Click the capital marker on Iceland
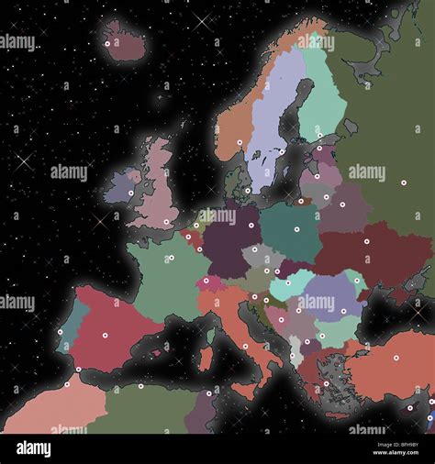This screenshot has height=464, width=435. click(106, 43)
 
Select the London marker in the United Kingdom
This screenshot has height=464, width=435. click(166, 221)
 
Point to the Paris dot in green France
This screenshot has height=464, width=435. click(171, 258)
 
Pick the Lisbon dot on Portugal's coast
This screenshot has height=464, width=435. click(61, 332)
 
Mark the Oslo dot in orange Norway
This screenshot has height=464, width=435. click(240, 142)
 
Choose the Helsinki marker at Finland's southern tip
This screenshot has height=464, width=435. click(318, 148)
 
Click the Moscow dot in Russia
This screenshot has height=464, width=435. click(402, 183)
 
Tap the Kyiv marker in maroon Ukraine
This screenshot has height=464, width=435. click(366, 241)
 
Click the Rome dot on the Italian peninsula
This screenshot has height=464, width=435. click(244, 346)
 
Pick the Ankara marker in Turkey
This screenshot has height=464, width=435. click(396, 358)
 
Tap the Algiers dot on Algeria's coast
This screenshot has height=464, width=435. click(139, 385)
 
